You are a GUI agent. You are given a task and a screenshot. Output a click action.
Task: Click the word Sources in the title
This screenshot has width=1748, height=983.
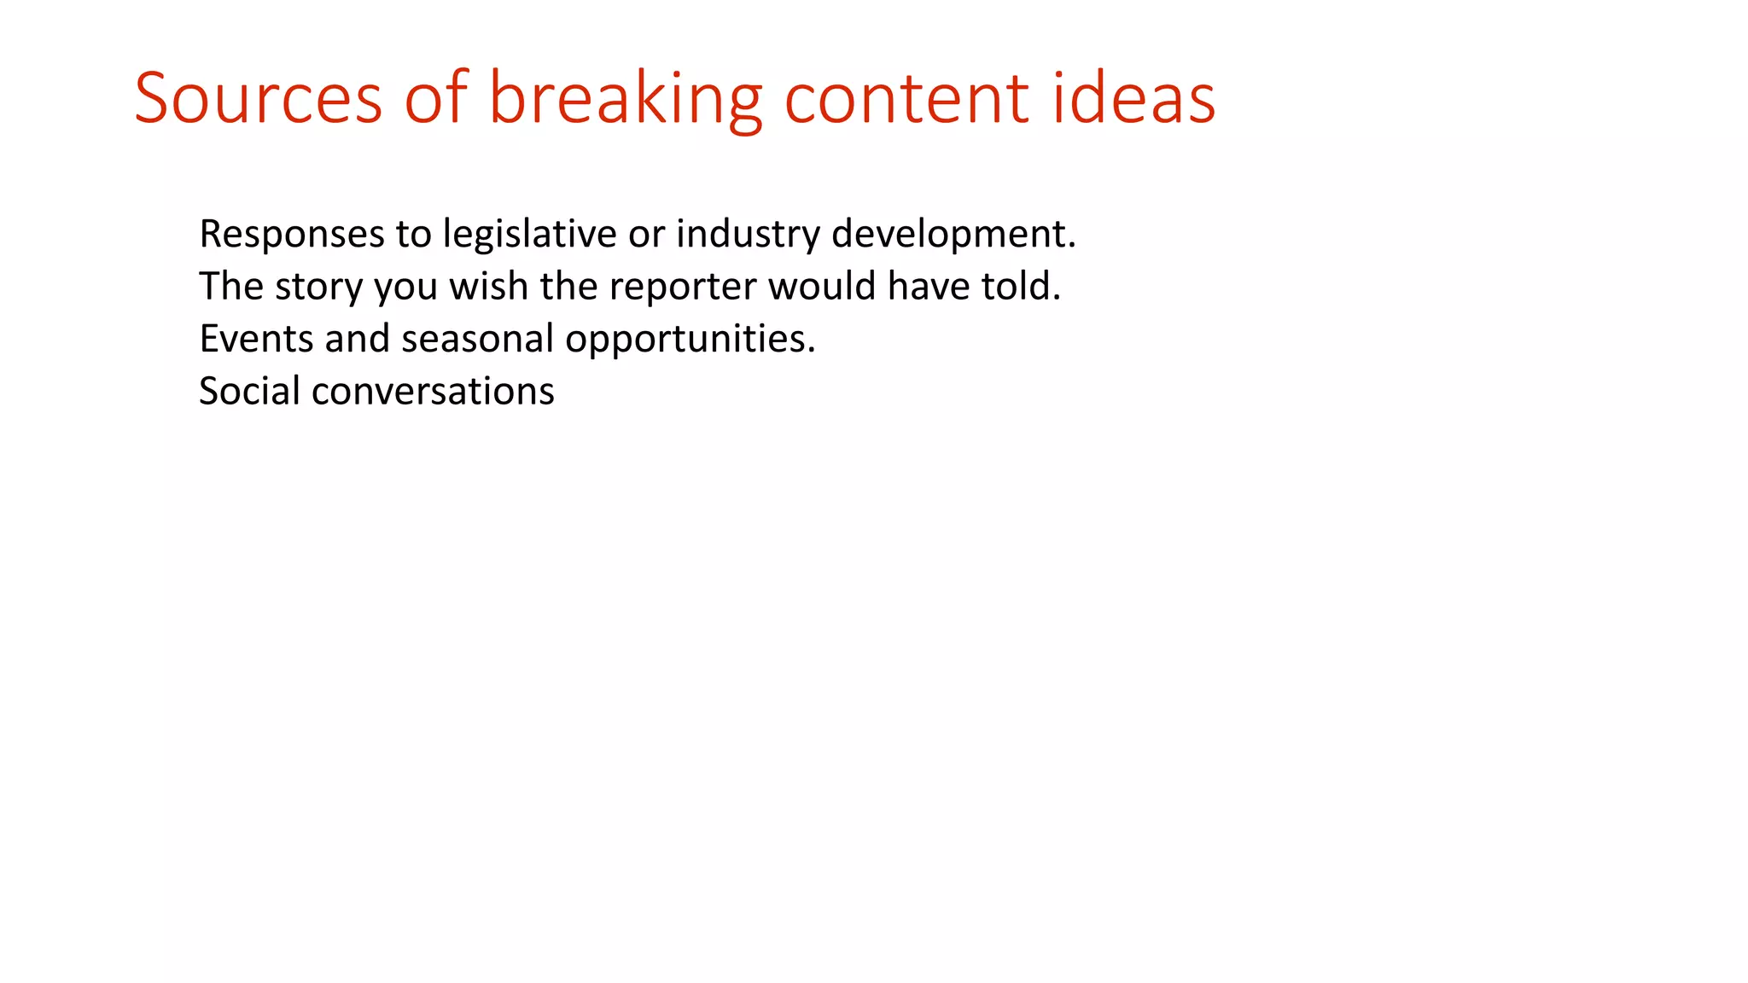coord(258,98)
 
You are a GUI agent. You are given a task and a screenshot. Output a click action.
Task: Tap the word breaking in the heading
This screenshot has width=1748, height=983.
coord(625,98)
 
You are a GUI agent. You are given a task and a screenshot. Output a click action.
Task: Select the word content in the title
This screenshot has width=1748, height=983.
coord(906,98)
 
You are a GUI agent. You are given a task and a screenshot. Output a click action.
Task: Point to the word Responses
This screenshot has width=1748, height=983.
coord(292,234)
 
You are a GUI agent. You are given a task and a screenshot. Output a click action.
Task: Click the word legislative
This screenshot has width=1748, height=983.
coord(529,234)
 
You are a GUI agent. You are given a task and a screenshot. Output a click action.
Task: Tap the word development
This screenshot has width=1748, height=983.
coord(953,234)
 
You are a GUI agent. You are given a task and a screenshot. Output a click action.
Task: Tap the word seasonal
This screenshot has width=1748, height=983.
coord(478,339)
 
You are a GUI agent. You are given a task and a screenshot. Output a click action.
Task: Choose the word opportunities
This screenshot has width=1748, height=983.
coord(690,340)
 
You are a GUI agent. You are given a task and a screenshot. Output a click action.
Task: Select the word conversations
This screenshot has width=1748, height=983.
coord(434,392)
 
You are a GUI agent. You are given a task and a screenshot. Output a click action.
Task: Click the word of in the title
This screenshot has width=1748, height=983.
coord(435,98)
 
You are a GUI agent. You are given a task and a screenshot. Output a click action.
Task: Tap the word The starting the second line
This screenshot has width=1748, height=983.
coord(231,286)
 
